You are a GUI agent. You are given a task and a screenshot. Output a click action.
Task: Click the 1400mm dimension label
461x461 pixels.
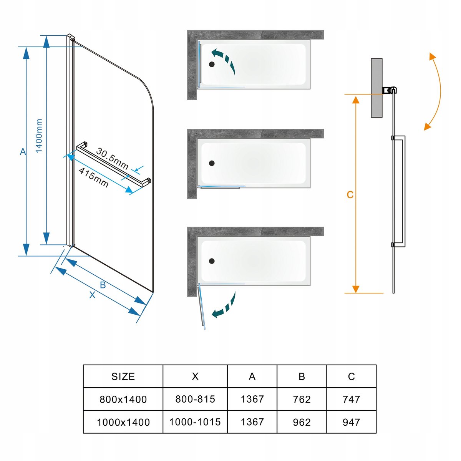[39, 136]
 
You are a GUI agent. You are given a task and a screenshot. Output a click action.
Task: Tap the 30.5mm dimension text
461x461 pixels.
[112, 158]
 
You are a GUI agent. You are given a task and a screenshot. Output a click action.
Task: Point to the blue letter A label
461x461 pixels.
[23, 152]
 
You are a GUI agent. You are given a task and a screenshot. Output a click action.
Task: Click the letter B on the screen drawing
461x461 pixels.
[103, 285]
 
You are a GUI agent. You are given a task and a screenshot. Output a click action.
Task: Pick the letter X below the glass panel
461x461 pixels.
[92, 295]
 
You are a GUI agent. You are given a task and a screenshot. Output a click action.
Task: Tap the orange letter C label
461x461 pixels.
[350, 195]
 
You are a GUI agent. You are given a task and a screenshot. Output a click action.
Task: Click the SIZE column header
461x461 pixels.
[123, 376]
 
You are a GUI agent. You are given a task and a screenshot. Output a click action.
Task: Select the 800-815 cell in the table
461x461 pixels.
[195, 399]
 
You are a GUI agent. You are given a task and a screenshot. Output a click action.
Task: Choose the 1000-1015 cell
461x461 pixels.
[195, 422]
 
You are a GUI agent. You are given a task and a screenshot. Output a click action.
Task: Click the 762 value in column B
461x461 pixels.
[302, 400]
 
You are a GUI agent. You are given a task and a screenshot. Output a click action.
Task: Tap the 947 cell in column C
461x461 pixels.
[351, 422]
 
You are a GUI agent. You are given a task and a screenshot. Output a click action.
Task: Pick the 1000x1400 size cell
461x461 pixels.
[123, 422]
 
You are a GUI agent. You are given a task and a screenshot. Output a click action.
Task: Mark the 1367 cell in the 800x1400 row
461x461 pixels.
[252, 399]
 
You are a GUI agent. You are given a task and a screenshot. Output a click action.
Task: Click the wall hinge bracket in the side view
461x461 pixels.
[389, 91]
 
